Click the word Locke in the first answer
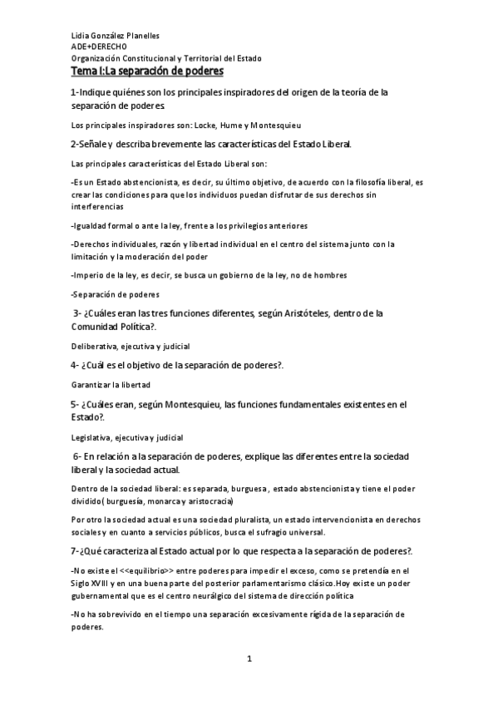[205, 126]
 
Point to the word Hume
[233, 126]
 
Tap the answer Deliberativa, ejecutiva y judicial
[131, 345]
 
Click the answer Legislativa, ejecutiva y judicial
[128, 437]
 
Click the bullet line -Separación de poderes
[116, 293]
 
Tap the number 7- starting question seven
[77, 551]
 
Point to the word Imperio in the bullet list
[91, 274]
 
